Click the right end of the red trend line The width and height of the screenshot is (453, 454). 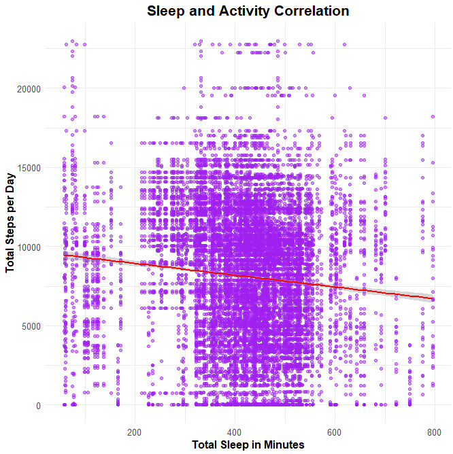pyautogui.click(x=433, y=298)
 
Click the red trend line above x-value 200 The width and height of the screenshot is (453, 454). pyautogui.click(x=134, y=264)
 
